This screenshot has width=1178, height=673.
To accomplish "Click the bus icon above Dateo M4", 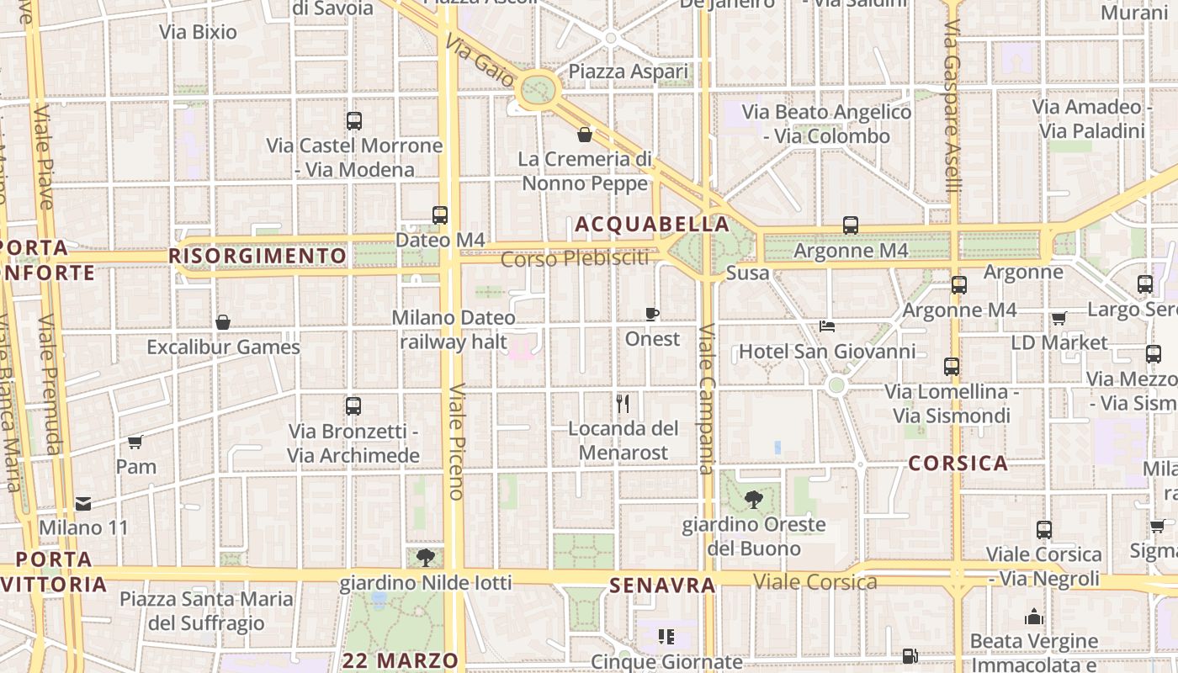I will click(439, 215).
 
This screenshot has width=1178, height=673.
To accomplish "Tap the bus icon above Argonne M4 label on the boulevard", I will click(851, 225).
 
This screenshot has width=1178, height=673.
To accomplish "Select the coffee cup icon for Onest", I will click(651, 314).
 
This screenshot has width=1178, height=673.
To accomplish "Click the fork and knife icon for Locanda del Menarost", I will click(623, 404).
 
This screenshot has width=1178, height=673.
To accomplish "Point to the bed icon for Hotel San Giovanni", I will click(827, 326).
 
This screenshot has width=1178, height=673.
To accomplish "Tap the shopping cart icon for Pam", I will click(135, 442).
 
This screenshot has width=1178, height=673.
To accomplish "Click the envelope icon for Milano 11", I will click(83, 504).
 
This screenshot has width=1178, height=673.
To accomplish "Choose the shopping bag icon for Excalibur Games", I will click(223, 322).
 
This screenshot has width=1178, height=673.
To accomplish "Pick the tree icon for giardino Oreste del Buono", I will click(753, 500).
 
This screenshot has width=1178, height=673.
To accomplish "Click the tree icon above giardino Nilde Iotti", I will click(425, 557).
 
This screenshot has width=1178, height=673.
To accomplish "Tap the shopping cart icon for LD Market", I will click(1059, 318).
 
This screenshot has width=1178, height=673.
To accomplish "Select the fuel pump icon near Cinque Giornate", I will click(910, 655).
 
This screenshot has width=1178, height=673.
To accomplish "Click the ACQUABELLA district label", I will click(652, 225).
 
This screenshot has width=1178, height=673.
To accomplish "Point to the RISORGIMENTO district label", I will click(257, 256).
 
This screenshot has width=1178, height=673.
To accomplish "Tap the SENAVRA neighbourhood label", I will click(662, 585).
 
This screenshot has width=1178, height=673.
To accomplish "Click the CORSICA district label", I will click(958, 464).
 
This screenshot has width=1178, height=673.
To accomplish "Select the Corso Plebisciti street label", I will click(576, 258).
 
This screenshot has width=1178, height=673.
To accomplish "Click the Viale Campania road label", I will click(707, 399).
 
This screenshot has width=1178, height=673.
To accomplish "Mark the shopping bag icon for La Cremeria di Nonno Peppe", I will click(585, 135).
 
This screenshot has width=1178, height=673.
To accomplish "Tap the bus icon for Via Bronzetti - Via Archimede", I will click(353, 406).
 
